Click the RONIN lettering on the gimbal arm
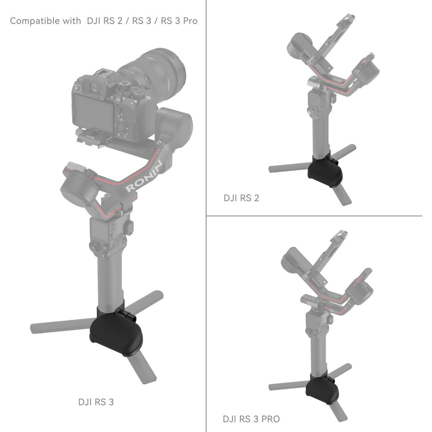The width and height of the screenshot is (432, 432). click(x=144, y=176)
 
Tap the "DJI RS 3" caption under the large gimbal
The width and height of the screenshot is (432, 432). click(x=96, y=402)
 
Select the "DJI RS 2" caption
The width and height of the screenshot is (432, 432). click(x=241, y=198)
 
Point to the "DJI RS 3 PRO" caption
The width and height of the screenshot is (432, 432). click(x=251, y=419)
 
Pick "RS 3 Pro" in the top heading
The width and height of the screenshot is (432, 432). click(x=179, y=21)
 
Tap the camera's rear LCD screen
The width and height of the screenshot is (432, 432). click(x=93, y=110)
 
